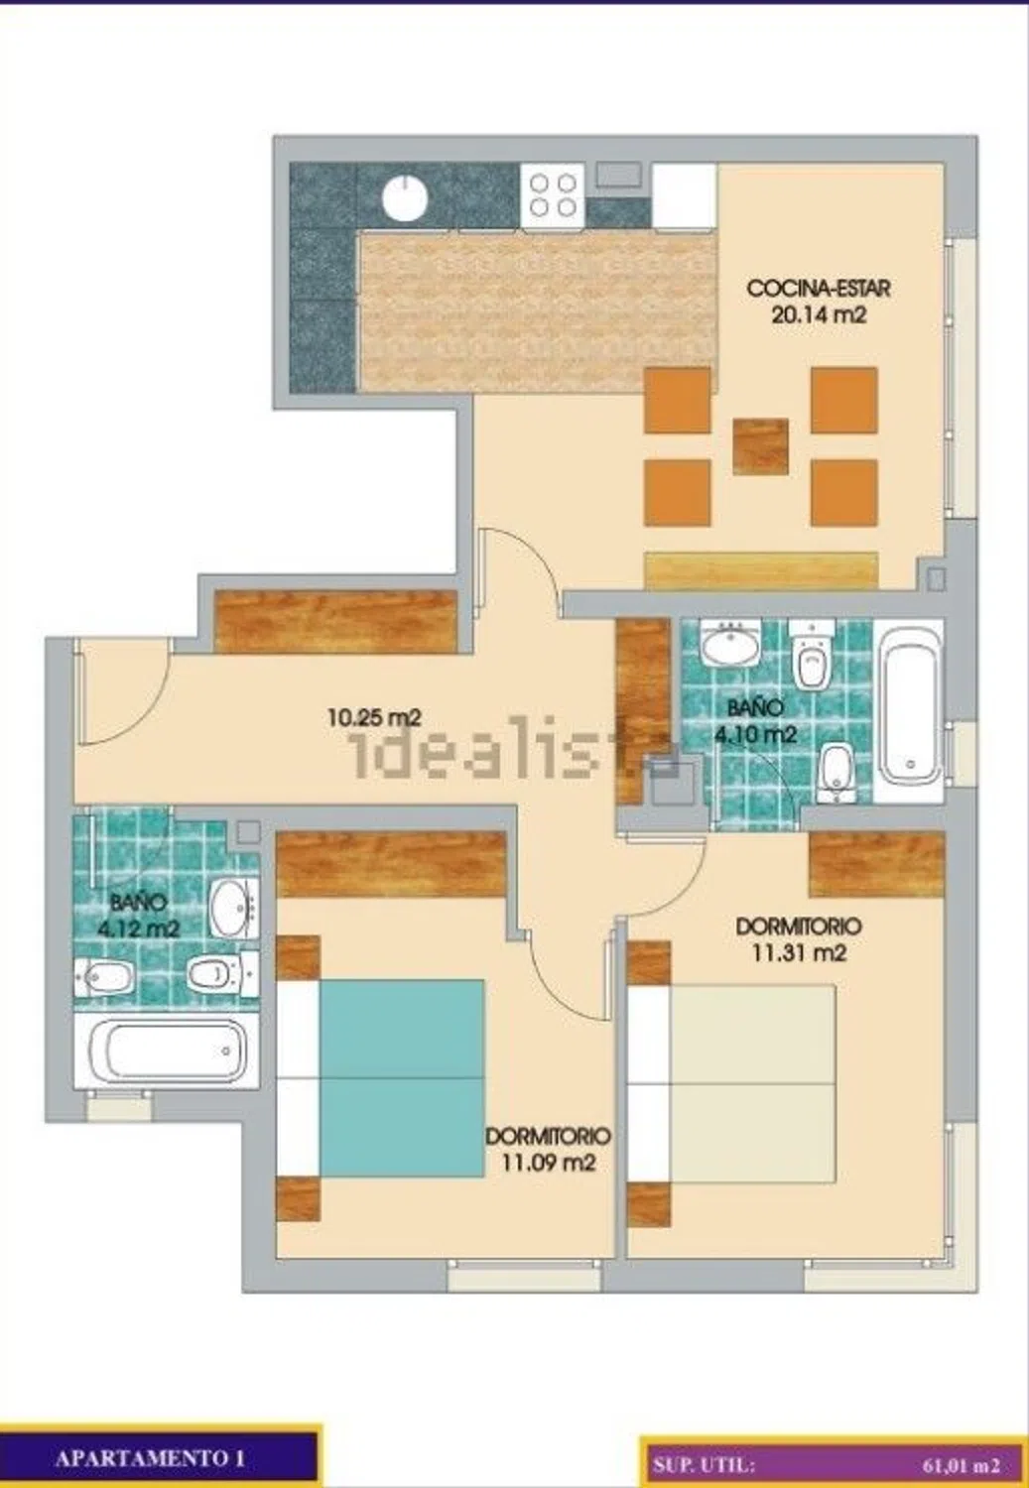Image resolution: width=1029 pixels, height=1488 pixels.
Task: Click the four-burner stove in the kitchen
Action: tap(553, 195)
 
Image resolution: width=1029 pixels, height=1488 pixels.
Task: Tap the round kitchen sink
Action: tap(405, 198)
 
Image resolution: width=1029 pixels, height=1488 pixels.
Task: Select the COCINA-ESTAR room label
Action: tap(819, 289)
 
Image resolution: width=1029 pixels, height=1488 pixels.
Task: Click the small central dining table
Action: tap(761, 446)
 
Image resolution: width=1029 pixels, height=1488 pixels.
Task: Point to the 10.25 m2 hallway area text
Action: tap(375, 717)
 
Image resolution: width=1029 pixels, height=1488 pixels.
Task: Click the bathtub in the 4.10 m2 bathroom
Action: tap(908, 712)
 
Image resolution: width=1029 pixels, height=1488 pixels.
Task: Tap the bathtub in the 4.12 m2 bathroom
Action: tap(166, 1051)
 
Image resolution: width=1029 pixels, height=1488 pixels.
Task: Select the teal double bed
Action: tap(401, 1078)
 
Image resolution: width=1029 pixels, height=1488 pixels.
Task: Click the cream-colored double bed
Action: tap(752, 1083)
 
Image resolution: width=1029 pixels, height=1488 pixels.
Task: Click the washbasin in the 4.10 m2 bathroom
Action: tap(730, 643)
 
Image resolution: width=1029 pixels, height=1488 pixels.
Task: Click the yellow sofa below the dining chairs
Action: tap(761, 570)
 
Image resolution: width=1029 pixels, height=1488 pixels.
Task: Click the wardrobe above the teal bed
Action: tap(391, 865)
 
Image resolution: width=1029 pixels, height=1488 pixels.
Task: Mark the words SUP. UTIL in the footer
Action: tap(704, 1465)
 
